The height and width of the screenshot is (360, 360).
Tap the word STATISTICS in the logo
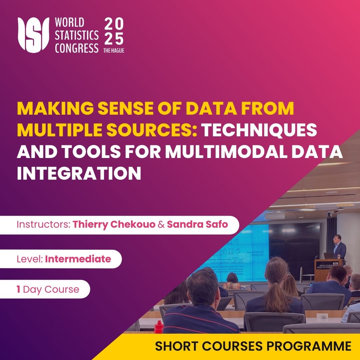(77, 35)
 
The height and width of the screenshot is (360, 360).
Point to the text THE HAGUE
(114, 50)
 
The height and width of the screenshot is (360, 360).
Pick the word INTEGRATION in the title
(79, 174)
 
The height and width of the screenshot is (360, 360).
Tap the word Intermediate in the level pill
(78, 259)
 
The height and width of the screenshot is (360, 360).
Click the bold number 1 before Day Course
(18, 289)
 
